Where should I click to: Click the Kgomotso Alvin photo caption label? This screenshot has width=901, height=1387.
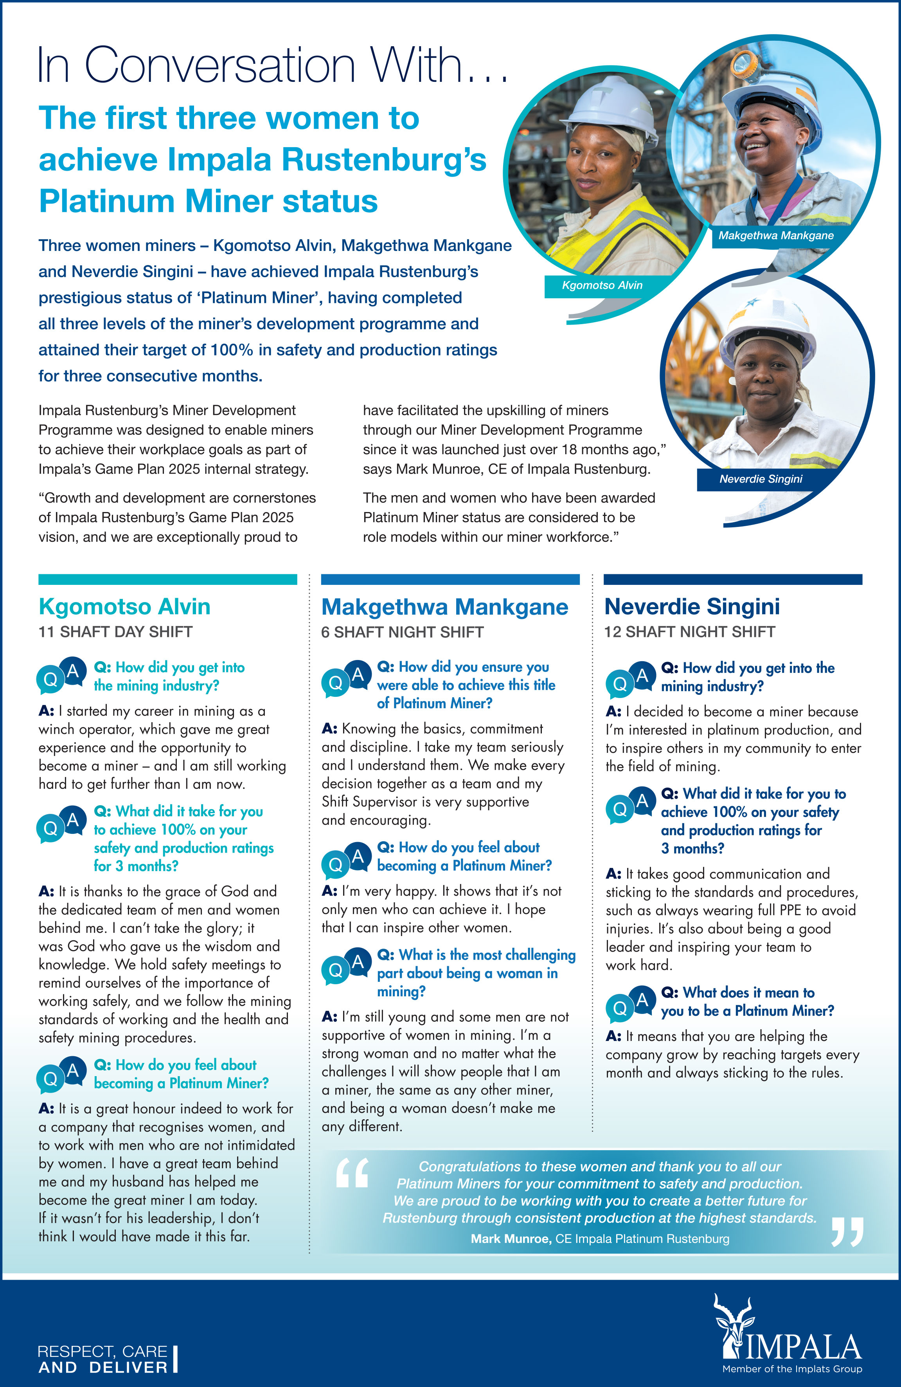click(602, 285)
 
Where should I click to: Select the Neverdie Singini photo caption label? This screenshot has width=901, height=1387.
click(760, 479)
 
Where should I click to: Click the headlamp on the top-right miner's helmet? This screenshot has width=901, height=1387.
click(743, 60)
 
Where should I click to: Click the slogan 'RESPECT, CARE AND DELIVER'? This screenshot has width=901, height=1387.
click(103, 1359)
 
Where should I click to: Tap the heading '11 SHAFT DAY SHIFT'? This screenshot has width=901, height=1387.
click(115, 632)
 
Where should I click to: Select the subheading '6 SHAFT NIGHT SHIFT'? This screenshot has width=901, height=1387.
click(403, 632)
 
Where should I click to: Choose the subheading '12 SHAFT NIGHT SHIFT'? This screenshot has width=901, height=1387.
click(690, 632)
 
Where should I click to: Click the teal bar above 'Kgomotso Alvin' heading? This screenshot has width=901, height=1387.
click(168, 579)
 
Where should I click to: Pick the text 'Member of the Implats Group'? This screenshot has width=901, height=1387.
click(792, 1369)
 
